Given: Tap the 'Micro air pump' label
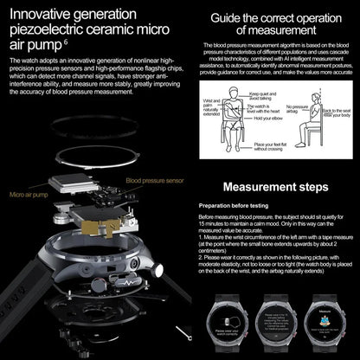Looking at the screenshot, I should coord(29,196).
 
